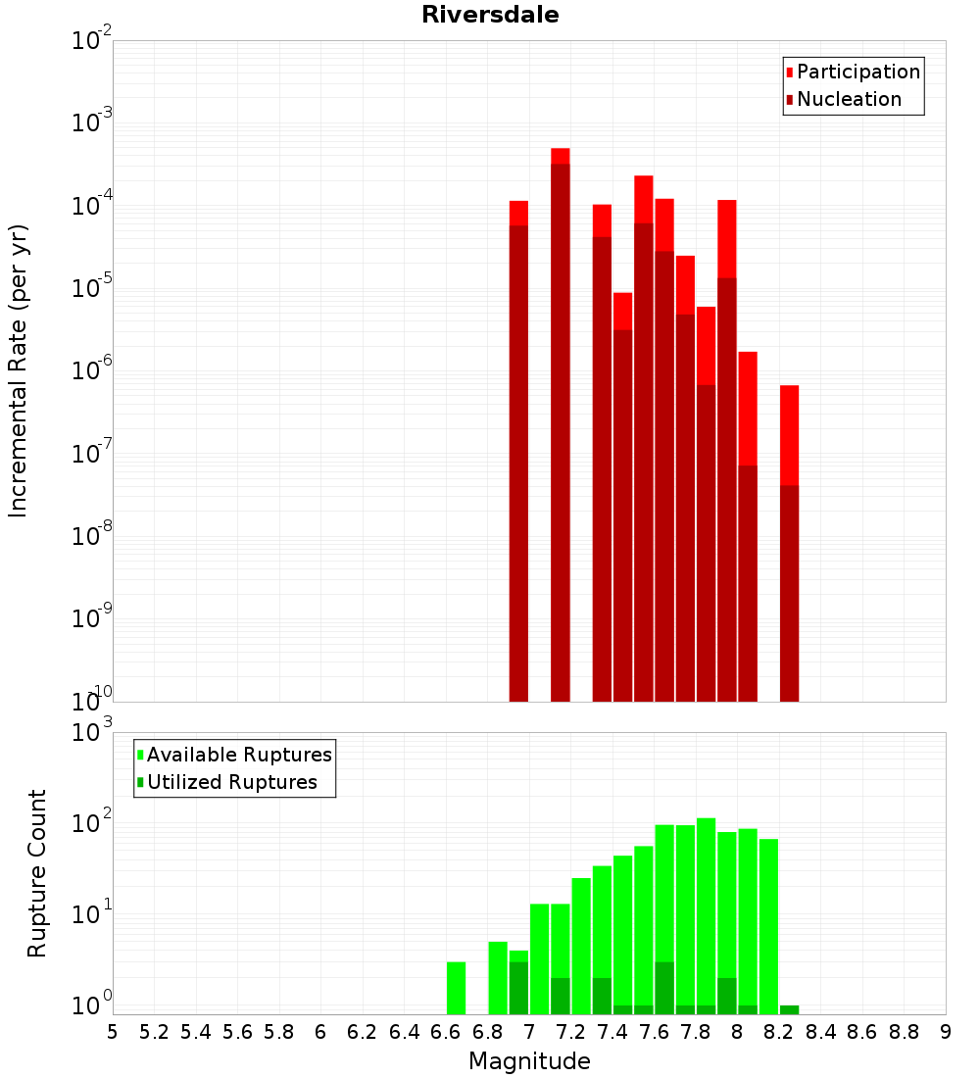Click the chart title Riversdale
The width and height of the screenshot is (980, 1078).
pyautogui.click(x=490, y=16)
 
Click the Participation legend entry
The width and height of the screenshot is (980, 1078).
pyautogui.click(x=858, y=72)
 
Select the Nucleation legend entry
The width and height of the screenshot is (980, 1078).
pyautogui.click(x=849, y=99)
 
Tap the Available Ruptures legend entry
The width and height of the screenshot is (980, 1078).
pyautogui.click(x=239, y=755)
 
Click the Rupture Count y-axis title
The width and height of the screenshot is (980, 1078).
pyautogui.click(x=37, y=872)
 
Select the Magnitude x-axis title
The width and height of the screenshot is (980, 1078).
pyautogui.click(x=529, y=1061)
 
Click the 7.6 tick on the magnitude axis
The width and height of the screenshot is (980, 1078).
pyautogui.click(x=654, y=1032)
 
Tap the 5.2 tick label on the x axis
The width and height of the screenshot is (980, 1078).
pyautogui.click(x=154, y=1032)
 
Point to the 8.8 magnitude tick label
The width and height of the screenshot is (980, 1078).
pyautogui.click(x=904, y=1032)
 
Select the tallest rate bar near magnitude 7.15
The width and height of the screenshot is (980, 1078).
pyautogui.click(x=561, y=421)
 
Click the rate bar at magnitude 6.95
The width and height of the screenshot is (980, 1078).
pyautogui.click(x=518, y=451)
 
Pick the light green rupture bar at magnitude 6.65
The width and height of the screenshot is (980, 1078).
pyautogui.click(x=456, y=988)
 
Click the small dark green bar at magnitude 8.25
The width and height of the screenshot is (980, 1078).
pyautogui.click(x=789, y=1009)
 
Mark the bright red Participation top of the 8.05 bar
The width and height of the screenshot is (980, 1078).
pyautogui.click(x=748, y=407)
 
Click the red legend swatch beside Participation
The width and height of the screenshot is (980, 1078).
pyautogui.click(x=789, y=72)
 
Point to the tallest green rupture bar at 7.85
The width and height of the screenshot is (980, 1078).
pyautogui.click(x=706, y=911)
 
